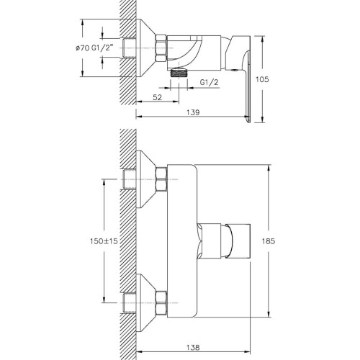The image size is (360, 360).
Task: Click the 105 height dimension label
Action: (262, 79)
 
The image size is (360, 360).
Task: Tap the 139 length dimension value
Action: (193, 112)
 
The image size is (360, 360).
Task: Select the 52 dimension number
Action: (158, 97)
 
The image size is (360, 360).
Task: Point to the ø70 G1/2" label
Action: (94, 48)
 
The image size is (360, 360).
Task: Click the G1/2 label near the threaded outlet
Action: (210, 82)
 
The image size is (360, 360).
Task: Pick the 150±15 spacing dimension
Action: (104, 241)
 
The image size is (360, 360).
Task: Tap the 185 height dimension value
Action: (269, 241)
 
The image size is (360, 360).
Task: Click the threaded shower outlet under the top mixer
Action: (179, 73)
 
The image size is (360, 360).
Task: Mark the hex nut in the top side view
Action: (161, 48)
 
